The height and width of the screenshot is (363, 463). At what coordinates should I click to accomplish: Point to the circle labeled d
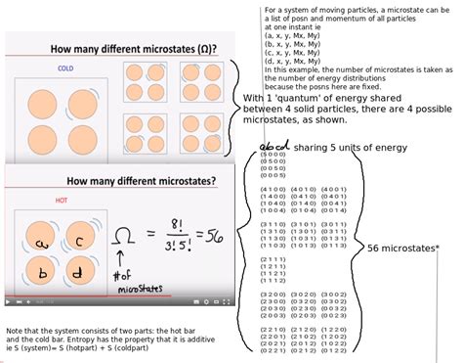pos(77,274)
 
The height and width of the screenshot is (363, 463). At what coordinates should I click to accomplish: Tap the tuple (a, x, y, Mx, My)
pos(295,35)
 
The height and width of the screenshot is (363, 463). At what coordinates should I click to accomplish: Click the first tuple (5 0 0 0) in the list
pos(274,157)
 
